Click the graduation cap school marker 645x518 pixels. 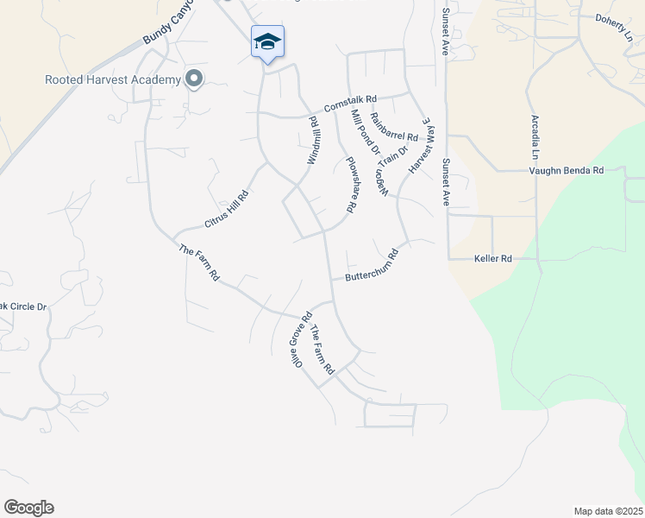tap(267, 41)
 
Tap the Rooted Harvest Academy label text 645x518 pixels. tap(113, 80)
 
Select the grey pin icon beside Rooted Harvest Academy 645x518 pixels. tap(194, 80)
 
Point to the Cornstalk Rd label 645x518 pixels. tap(351, 104)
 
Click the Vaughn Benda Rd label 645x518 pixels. tap(566, 171)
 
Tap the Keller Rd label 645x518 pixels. tap(493, 258)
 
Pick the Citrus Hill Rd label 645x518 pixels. tap(226, 209)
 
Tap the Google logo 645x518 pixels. tap(28, 508)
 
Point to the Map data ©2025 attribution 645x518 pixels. tap(609, 511)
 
